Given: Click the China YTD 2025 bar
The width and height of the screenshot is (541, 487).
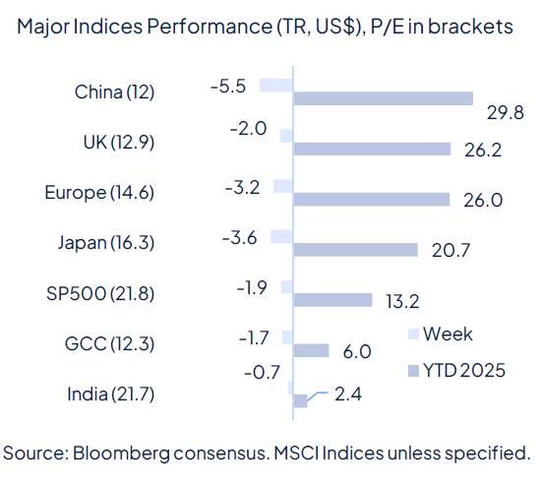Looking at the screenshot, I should pyautogui.click(x=383, y=99).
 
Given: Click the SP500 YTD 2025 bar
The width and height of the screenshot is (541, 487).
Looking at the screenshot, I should pyautogui.click(x=332, y=300).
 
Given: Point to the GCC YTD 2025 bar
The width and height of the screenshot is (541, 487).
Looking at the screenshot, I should pyautogui.click(x=311, y=350).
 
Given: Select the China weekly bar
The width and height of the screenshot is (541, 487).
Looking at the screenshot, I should pyautogui.click(x=276, y=86).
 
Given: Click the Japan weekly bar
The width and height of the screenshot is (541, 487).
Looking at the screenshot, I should pyautogui.click(x=281, y=236).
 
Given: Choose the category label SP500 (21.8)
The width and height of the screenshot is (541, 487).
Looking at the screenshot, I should pyautogui.click(x=100, y=293).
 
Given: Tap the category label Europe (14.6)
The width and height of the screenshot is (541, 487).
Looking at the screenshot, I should pyautogui.click(x=98, y=193).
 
